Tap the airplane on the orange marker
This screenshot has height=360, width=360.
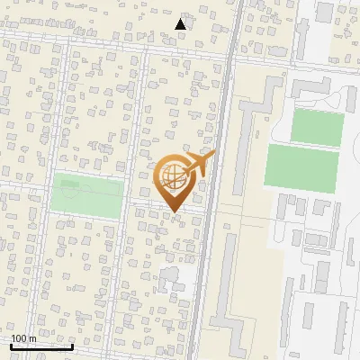click(200, 163)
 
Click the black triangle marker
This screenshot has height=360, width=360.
click(181, 24)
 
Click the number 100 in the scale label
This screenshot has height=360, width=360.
click(21, 339)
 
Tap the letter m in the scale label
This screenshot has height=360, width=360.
click(32, 339)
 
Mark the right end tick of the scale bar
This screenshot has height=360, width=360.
click(72, 346)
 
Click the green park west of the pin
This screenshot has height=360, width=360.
click(85, 196)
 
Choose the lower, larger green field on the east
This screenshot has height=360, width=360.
click(301, 168)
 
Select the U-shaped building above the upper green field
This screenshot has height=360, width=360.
click(310, 89)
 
